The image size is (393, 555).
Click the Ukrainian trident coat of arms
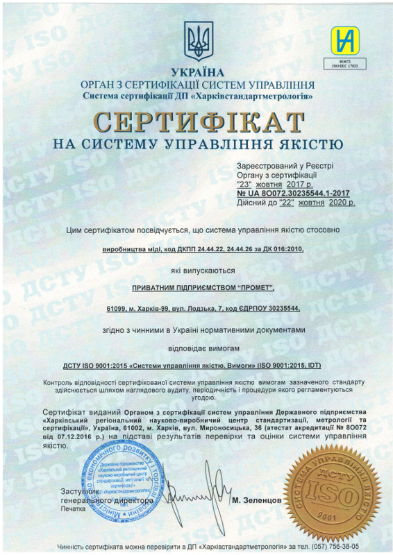(196, 41)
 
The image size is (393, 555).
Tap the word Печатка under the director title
(73, 509)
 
